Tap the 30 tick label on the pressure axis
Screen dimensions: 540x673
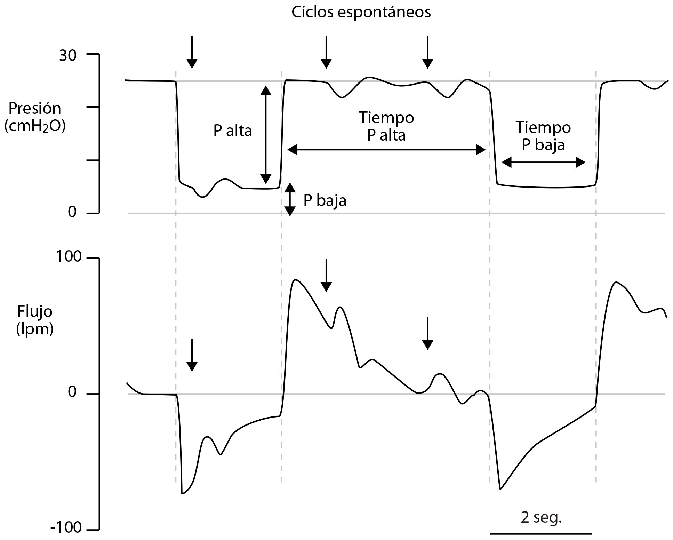tap(67, 55)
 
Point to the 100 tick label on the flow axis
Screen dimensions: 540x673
tap(67, 257)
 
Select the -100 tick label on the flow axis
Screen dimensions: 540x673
tap(66, 527)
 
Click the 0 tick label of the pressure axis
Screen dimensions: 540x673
tap(72, 212)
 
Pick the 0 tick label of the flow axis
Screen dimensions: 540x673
tap(72, 392)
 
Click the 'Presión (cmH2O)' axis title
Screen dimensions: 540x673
tap(35, 117)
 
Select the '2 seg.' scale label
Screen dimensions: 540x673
tap(542, 517)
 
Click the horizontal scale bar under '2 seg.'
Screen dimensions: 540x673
tap(541, 533)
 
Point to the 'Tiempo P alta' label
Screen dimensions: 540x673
tap(386, 126)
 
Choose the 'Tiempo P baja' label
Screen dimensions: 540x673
tap(543, 136)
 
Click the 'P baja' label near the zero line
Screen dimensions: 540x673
tap(325, 201)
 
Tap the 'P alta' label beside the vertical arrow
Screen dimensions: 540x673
tap(233, 131)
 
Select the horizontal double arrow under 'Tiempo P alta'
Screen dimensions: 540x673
tap(386, 150)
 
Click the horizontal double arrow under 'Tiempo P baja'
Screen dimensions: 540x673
tap(543, 162)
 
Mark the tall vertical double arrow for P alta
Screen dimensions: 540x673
tap(266, 135)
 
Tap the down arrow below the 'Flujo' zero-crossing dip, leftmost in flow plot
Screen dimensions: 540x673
tap(192, 355)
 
